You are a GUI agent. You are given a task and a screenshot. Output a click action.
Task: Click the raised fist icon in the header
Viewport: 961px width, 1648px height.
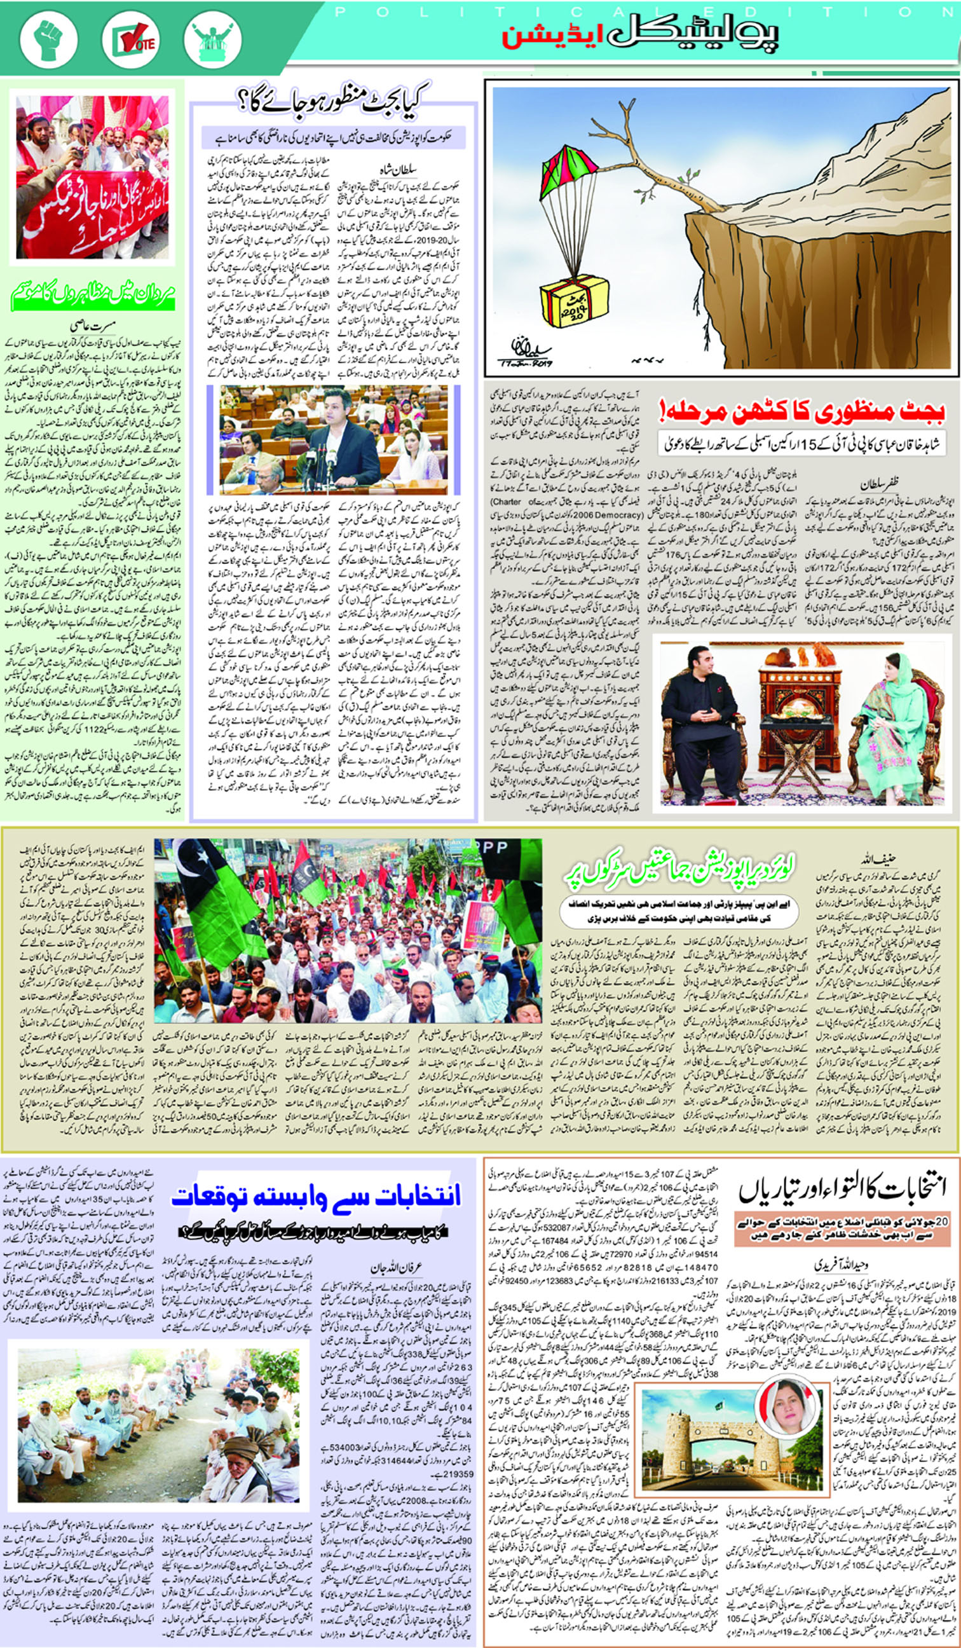click(49, 40)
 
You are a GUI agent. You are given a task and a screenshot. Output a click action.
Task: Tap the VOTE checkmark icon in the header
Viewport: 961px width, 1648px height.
click(131, 40)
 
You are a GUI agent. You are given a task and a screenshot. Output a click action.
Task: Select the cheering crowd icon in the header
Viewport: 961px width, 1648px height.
click(212, 40)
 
